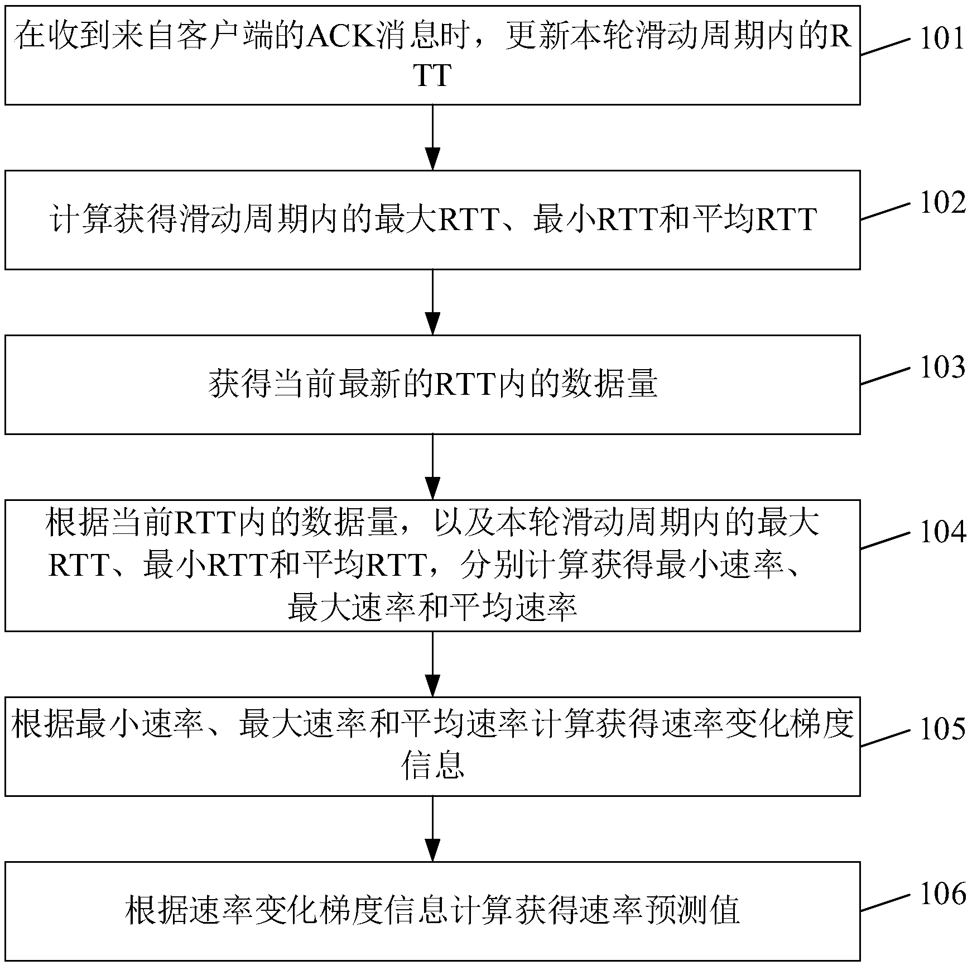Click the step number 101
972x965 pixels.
pyautogui.click(x=942, y=39)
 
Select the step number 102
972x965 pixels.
pyautogui.click(x=942, y=203)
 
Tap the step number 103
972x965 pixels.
pyautogui.click(x=942, y=367)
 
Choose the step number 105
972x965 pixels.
pyautogui.click(x=942, y=729)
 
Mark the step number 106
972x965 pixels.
pyautogui.click(x=942, y=894)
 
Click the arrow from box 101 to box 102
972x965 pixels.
pyautogui.click(x=432, y=137)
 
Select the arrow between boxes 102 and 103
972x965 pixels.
pyautogui.click(x=432, y=302)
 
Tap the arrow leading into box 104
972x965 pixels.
pyautogui.click(x=432, y=467)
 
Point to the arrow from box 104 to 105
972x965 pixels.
pyautogui.click(x=432, y=664)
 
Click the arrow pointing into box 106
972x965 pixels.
pyautogui.click(x=432, y=829)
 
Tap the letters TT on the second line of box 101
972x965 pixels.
pyautogui.click(x=432, y=75)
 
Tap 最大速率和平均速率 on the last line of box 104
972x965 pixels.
pyautogui.click(x=432, y=608)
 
